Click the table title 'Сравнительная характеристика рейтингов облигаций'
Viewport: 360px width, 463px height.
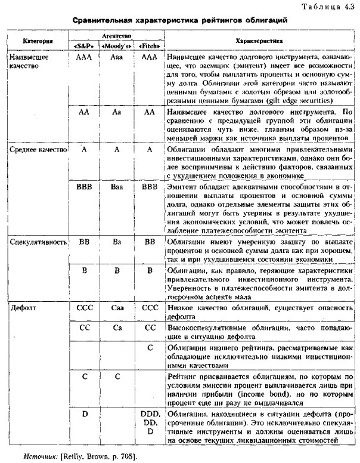(181, 20)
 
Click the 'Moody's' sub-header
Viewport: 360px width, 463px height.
(117, 46)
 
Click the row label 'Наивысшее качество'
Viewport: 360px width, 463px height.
(27, 61)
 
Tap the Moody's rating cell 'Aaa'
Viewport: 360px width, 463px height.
(117, 56)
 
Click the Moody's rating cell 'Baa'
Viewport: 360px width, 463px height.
(117, 187)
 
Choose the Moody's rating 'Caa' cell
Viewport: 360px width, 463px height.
(117, 308)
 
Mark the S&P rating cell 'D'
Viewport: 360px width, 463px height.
(84, 413)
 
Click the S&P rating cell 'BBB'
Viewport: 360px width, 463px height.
(84, 187)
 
